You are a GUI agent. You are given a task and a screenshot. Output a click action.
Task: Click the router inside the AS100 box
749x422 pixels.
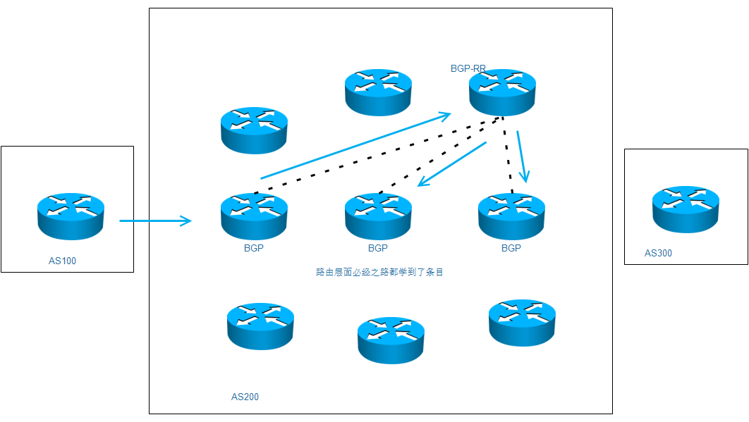[70, 213]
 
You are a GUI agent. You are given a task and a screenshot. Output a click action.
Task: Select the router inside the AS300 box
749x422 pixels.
[686, 209]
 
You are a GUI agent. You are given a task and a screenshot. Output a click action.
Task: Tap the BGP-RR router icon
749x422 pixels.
[502, 92]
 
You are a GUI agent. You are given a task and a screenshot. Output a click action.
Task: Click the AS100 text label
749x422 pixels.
[62, 261]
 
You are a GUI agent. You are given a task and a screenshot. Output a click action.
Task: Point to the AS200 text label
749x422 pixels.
[245, 397]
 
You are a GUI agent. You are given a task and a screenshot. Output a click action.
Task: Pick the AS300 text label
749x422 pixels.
[658, 253]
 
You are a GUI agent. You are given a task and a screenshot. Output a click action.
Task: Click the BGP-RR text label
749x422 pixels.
[468, 69]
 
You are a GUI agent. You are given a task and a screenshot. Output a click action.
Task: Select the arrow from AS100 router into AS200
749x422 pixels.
[155, 221]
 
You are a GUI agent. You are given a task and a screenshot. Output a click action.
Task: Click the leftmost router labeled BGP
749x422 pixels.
[254, 215]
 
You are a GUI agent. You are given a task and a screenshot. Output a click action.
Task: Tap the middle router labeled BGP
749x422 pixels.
[378, 215]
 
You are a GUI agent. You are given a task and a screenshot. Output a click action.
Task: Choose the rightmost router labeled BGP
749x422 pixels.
[511, 215]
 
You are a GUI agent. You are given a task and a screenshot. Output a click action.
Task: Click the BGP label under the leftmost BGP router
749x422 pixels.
[254, 248]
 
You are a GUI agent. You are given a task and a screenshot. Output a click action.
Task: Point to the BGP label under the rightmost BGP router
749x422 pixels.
[511, 248]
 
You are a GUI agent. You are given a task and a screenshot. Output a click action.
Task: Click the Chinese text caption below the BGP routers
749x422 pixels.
[379, 271]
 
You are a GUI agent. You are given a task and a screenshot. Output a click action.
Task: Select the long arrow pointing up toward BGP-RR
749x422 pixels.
[355, 146]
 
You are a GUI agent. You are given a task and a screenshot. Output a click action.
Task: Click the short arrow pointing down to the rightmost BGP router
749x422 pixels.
[522, 156]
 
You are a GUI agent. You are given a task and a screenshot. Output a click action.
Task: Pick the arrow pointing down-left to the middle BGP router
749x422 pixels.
[452, 164]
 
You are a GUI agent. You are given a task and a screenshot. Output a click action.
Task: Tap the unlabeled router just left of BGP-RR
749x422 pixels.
[378, 92]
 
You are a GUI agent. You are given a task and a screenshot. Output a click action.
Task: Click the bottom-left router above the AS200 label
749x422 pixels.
[260, 325]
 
